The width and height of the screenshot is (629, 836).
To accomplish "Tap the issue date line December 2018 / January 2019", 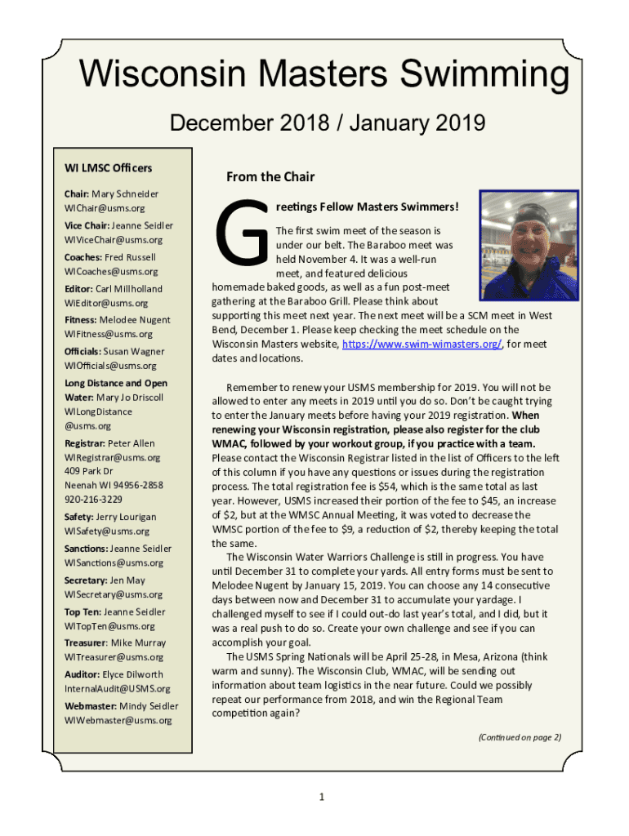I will point(326,123).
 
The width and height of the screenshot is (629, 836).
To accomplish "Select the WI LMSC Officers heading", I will point(109,168).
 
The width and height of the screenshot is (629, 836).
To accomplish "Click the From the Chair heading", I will point(270,176).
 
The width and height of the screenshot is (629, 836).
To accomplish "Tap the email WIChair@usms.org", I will point(105,209).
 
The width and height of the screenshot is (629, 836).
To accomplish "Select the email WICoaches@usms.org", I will point(111,271).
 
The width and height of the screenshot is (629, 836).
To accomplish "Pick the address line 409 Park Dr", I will point(89,471).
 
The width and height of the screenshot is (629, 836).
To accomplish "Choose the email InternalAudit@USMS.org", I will point(118,688).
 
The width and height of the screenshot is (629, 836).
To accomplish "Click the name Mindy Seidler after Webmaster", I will point(149,705).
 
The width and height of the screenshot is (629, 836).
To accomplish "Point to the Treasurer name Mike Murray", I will point(138,643).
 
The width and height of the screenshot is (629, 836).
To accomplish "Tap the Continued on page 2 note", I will point(520,737).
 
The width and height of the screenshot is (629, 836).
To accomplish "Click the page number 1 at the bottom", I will point(323,796).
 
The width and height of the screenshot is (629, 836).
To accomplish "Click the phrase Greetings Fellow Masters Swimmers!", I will point(367,207).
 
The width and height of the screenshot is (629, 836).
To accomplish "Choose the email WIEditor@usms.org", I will point(106,303).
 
